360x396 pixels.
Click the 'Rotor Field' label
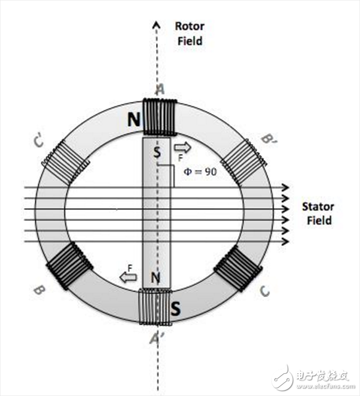[x=188, y=34]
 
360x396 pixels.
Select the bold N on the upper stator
[x=134, y=119]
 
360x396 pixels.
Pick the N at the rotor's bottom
[x=157, y=277]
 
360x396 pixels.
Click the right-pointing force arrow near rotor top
[x=181, y=147]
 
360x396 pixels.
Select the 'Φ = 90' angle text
[x=199, y=171]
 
